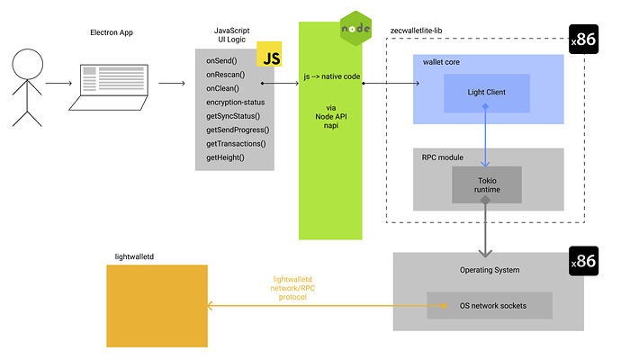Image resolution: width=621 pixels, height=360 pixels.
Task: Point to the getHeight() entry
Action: [225, 157]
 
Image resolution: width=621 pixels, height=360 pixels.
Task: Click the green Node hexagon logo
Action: [350, 30]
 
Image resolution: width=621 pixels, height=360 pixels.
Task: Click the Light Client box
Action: [486, 93]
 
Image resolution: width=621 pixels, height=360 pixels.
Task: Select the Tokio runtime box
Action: [486, 184]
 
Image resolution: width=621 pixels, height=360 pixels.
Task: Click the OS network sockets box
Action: [489, 305]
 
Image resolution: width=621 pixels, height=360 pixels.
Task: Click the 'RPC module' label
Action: [443, 157]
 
